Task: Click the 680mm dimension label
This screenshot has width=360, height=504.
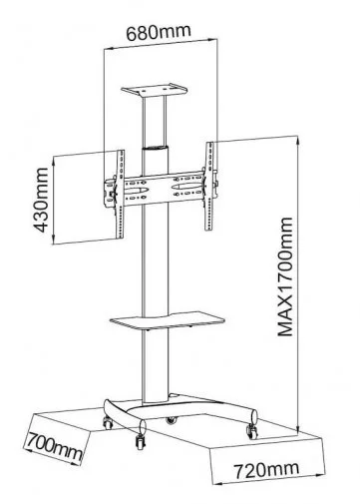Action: pyautogui.click(x=159, y=32)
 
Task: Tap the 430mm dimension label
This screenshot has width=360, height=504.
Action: pyautogui.click(x=41, y=201)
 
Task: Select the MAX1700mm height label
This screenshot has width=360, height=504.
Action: pyautogui.click(x=285, y=276)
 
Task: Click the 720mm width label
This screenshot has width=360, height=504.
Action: pyautogui.click(x=266, y=469)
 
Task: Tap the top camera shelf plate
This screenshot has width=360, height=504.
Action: pyautogui.click(x=154, y=90)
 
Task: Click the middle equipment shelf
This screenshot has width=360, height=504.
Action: pyautogui.click(x=168, y=320)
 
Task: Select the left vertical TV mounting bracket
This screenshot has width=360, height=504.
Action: pyautogui.click(x=120, y=195)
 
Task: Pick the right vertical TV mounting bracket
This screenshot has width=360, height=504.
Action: pyautogui.click(x=209, y=187)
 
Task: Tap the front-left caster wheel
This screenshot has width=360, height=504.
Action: pyautogui.click(x=108, y=422)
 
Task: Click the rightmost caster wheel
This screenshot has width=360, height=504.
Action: pyautogui.click(x=251, y=431)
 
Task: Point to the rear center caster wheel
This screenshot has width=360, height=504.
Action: pyautogui.click(x=172, y=420)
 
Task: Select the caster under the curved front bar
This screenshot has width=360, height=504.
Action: pyautogui.click(x=140, y=441)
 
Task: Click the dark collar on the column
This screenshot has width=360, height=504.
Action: pyautogui.click(x=156, y=148)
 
